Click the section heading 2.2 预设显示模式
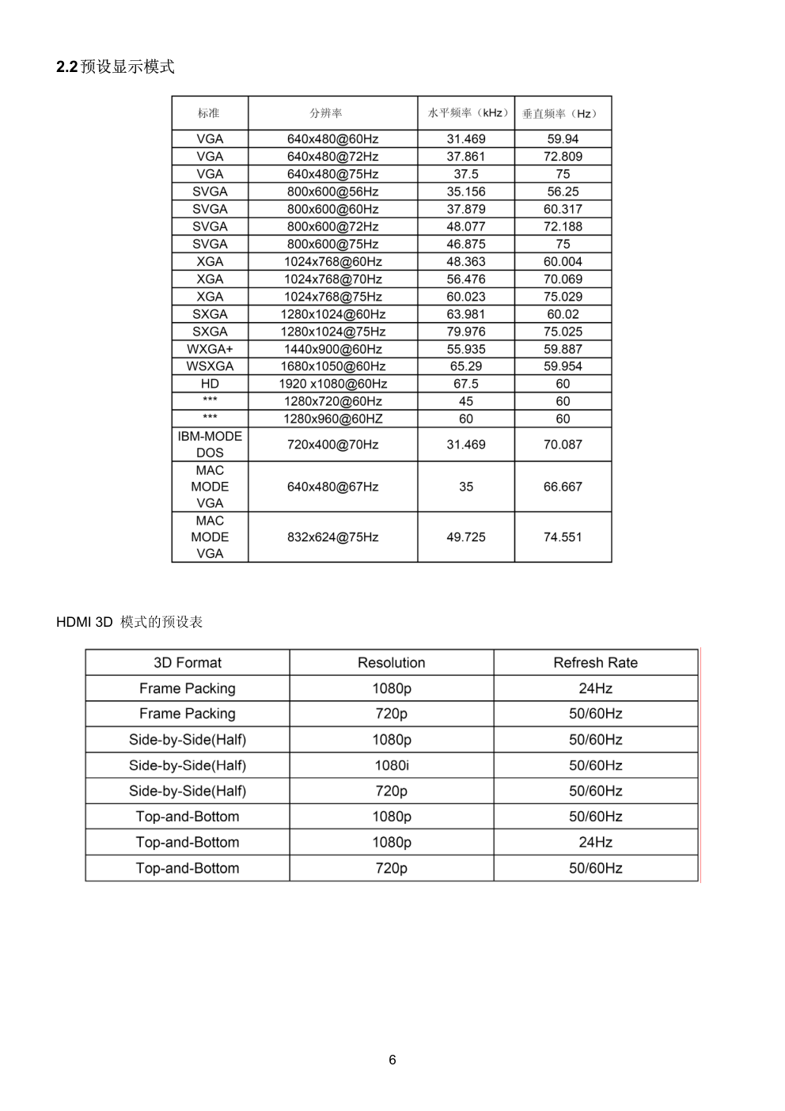116,67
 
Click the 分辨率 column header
326,113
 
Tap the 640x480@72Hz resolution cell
332,157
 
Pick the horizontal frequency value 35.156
466,191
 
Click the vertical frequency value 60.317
563,209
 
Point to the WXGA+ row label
210,349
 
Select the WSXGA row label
210,366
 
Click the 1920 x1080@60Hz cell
332,384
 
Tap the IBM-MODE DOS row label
210,444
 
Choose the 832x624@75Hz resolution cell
332,537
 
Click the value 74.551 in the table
563,537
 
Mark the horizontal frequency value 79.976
466,332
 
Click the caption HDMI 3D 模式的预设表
130,622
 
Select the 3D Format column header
188,663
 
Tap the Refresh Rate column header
595,663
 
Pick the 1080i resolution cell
392,765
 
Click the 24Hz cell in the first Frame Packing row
595,688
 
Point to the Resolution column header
392,663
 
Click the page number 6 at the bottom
392,1060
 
